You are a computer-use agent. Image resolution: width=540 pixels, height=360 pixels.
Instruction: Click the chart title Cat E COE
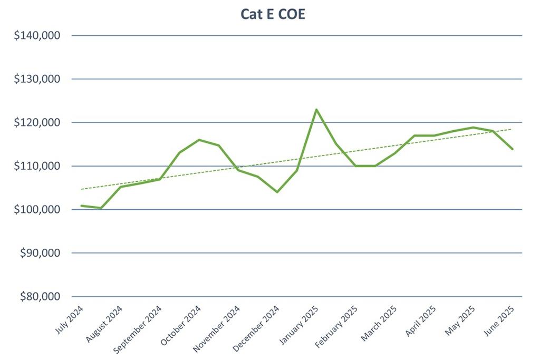273,14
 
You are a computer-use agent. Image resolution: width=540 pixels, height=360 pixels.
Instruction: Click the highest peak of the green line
316,110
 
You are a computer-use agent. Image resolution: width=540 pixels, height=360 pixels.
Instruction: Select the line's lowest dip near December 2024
277,192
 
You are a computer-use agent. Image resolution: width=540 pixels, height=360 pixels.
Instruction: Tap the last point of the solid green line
512,149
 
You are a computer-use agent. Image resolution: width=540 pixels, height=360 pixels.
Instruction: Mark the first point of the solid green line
81,206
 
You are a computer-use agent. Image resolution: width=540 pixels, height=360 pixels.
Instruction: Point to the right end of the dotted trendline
511,129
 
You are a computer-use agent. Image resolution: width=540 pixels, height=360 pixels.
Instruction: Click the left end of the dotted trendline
81,189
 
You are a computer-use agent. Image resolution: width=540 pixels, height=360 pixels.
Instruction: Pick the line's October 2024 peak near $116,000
199,140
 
